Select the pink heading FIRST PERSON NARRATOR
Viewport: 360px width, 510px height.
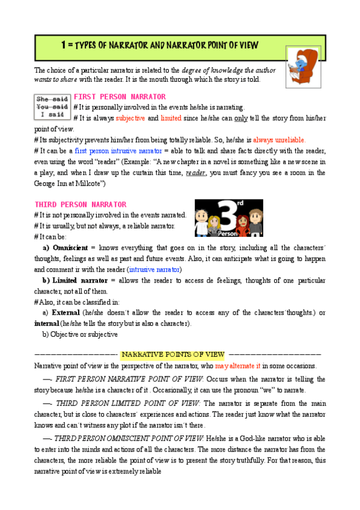[119, 96]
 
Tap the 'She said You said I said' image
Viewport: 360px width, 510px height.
[52, 106]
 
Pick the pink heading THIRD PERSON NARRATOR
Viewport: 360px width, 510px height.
[81, 204]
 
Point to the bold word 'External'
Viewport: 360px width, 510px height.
[66, 313]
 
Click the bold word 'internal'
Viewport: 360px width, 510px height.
[47, 324]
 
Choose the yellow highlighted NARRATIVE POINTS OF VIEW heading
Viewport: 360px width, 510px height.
[172, 354]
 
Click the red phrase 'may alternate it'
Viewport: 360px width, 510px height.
[237, 366]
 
